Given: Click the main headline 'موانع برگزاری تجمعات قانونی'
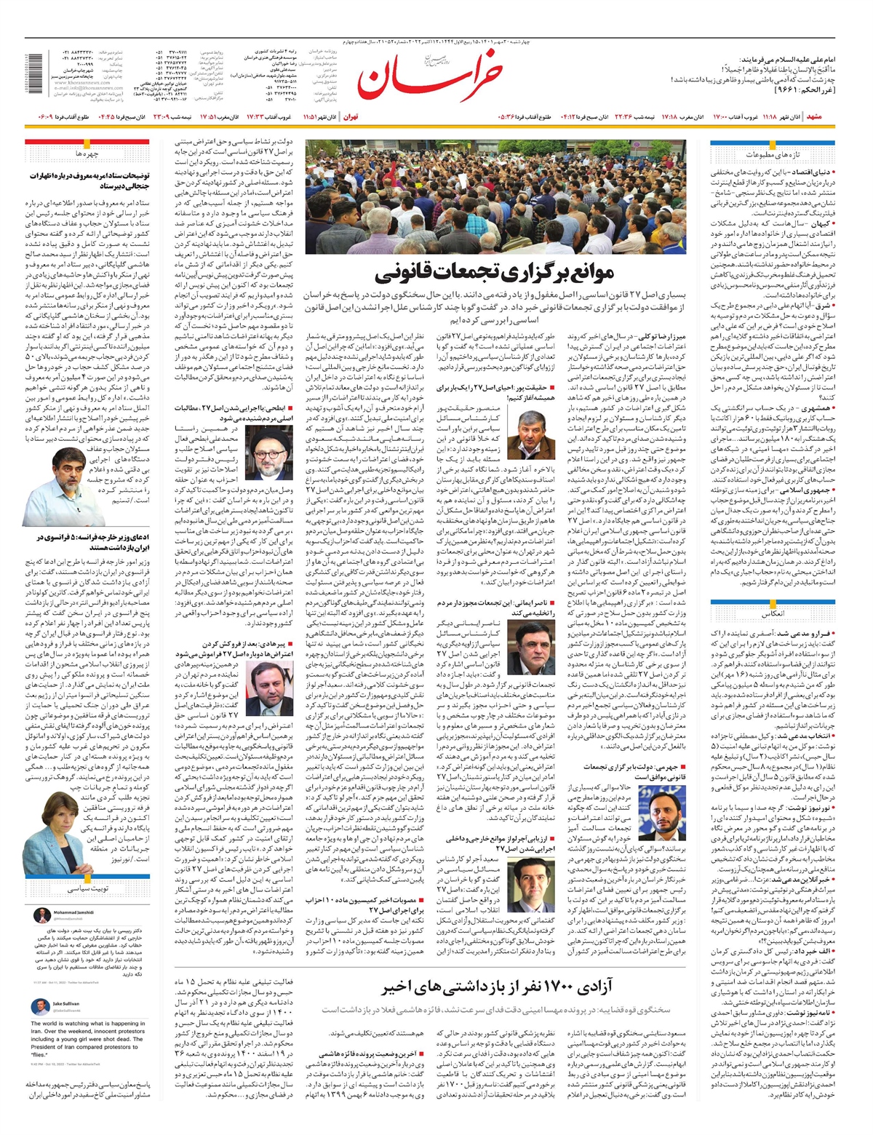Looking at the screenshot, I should coord(495,275).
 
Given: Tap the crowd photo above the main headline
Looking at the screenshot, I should coord(495,196).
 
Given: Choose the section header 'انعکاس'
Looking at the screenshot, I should coord(773,614).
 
